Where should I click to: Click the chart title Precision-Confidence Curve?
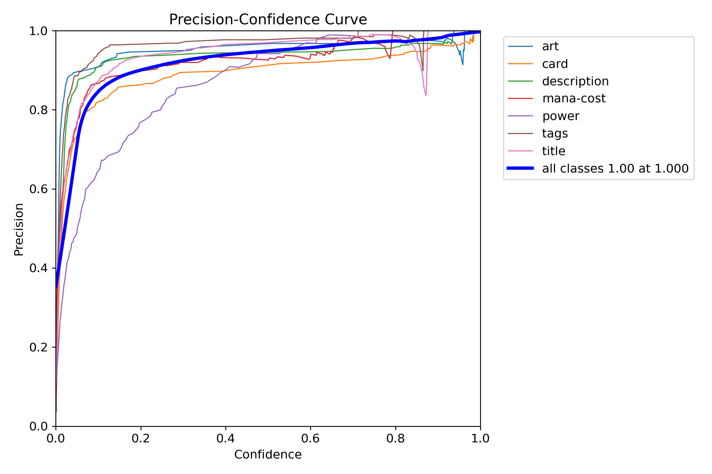[x=268, y=20]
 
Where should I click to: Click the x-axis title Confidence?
[x=268, y=454]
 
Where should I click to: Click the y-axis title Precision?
[x=19, y=229]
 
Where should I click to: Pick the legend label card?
[x=555, y=64]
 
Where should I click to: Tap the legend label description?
[x=575, y=81]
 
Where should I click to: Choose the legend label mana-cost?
[x=573, y=99]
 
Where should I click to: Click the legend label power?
[x=560, y=116]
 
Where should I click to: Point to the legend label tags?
[x=555, y=133]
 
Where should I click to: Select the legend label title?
[x=553, y=151]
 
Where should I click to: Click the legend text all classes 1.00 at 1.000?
[x=615, y=168]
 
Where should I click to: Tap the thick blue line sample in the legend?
[x=520, y=168]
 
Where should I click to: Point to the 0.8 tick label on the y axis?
[x=38, y=110]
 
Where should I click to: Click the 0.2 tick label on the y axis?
[x=38, y=347]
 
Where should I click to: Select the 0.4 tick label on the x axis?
[x=226, y=438]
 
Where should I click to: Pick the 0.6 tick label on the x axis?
[x=310, y=438]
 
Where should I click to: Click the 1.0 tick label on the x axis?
[x=480, y=438]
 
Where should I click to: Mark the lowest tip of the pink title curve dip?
[x=426, y=95]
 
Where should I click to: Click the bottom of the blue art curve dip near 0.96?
[x=463, y=64]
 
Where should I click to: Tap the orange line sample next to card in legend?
[x=520, y=64]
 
